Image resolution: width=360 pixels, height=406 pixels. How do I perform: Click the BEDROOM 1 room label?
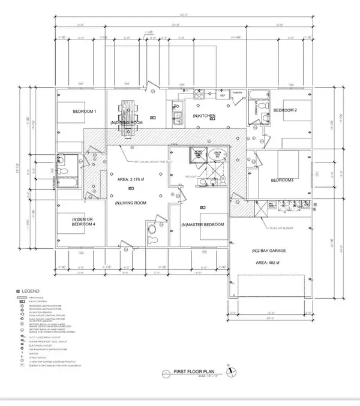(x=85, y=112)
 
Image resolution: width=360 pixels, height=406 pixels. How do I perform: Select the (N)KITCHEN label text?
(x=204, y=115)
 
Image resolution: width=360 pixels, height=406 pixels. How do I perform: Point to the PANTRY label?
(x=237, y=93)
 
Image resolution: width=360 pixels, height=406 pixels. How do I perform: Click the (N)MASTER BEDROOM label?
(x=202, y=224)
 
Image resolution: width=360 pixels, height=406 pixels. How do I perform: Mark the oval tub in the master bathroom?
(x=218, y=154)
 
